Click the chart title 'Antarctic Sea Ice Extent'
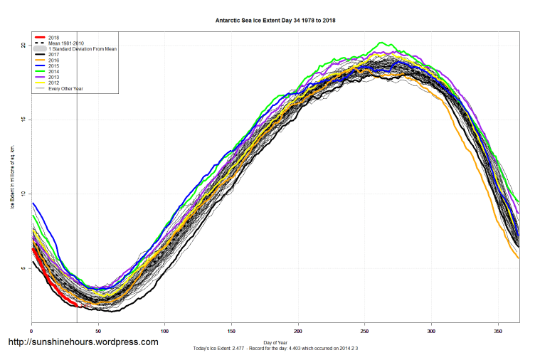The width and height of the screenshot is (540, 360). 275,21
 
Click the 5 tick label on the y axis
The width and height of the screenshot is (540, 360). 24,268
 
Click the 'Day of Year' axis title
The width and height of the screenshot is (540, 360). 275,343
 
